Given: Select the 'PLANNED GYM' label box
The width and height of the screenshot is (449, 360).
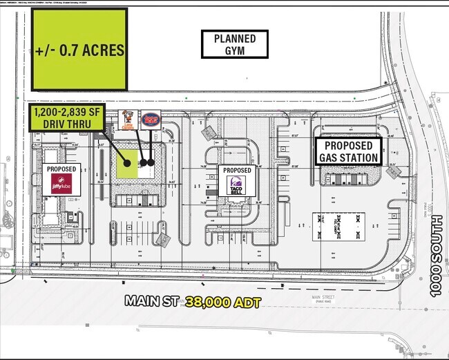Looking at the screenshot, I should (x=234, y=45).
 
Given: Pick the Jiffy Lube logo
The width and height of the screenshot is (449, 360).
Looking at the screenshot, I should (x=61, y=183).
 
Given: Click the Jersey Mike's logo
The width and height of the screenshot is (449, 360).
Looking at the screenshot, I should (x=150, y=119).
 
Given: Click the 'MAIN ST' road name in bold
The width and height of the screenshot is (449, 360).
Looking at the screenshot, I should (x=151, y=301).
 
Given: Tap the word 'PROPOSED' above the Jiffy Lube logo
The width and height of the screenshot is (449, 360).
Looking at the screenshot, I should (x=61, y=169).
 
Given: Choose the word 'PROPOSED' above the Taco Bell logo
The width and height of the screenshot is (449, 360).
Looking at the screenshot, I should (x=237, y=170).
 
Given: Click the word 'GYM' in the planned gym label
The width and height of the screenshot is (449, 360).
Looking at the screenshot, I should (x=234, y=50).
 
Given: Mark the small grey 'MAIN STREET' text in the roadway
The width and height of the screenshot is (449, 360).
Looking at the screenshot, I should (x=324, y=297).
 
